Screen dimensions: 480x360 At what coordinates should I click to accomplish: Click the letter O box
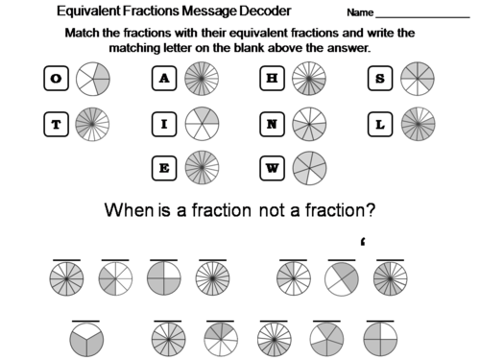[x=55, y=80]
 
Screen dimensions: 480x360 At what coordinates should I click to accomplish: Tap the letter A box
[x=162, y=80]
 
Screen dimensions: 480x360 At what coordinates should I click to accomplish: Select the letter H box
[x=270, y=80]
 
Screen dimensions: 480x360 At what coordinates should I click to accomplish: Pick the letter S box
[x=378, y=80]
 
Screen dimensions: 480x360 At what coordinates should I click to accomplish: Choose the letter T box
[x=55, y=123]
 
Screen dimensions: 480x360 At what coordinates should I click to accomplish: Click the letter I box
[x=162, y=123]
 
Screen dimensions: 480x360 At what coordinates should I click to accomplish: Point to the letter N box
[x=270, y=123]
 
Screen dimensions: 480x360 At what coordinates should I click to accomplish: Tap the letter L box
[x=378, y=123]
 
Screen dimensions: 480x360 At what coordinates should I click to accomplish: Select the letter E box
[x=162, y=167]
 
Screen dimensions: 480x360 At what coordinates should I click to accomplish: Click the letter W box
[x=270, y=167]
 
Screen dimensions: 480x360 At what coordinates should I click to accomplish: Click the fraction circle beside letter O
[x=92, y=80]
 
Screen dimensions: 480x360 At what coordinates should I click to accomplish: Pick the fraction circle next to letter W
[x=307, y=167]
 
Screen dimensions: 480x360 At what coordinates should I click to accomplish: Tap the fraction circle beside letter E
[x=201, y=167]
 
